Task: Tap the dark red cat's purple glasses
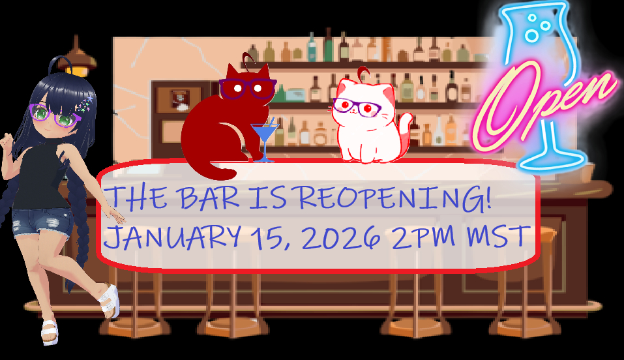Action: pos(247,89)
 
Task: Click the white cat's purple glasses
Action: pos(357,106)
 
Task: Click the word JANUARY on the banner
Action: pos(172,236)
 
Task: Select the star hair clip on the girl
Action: pos(84,104)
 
